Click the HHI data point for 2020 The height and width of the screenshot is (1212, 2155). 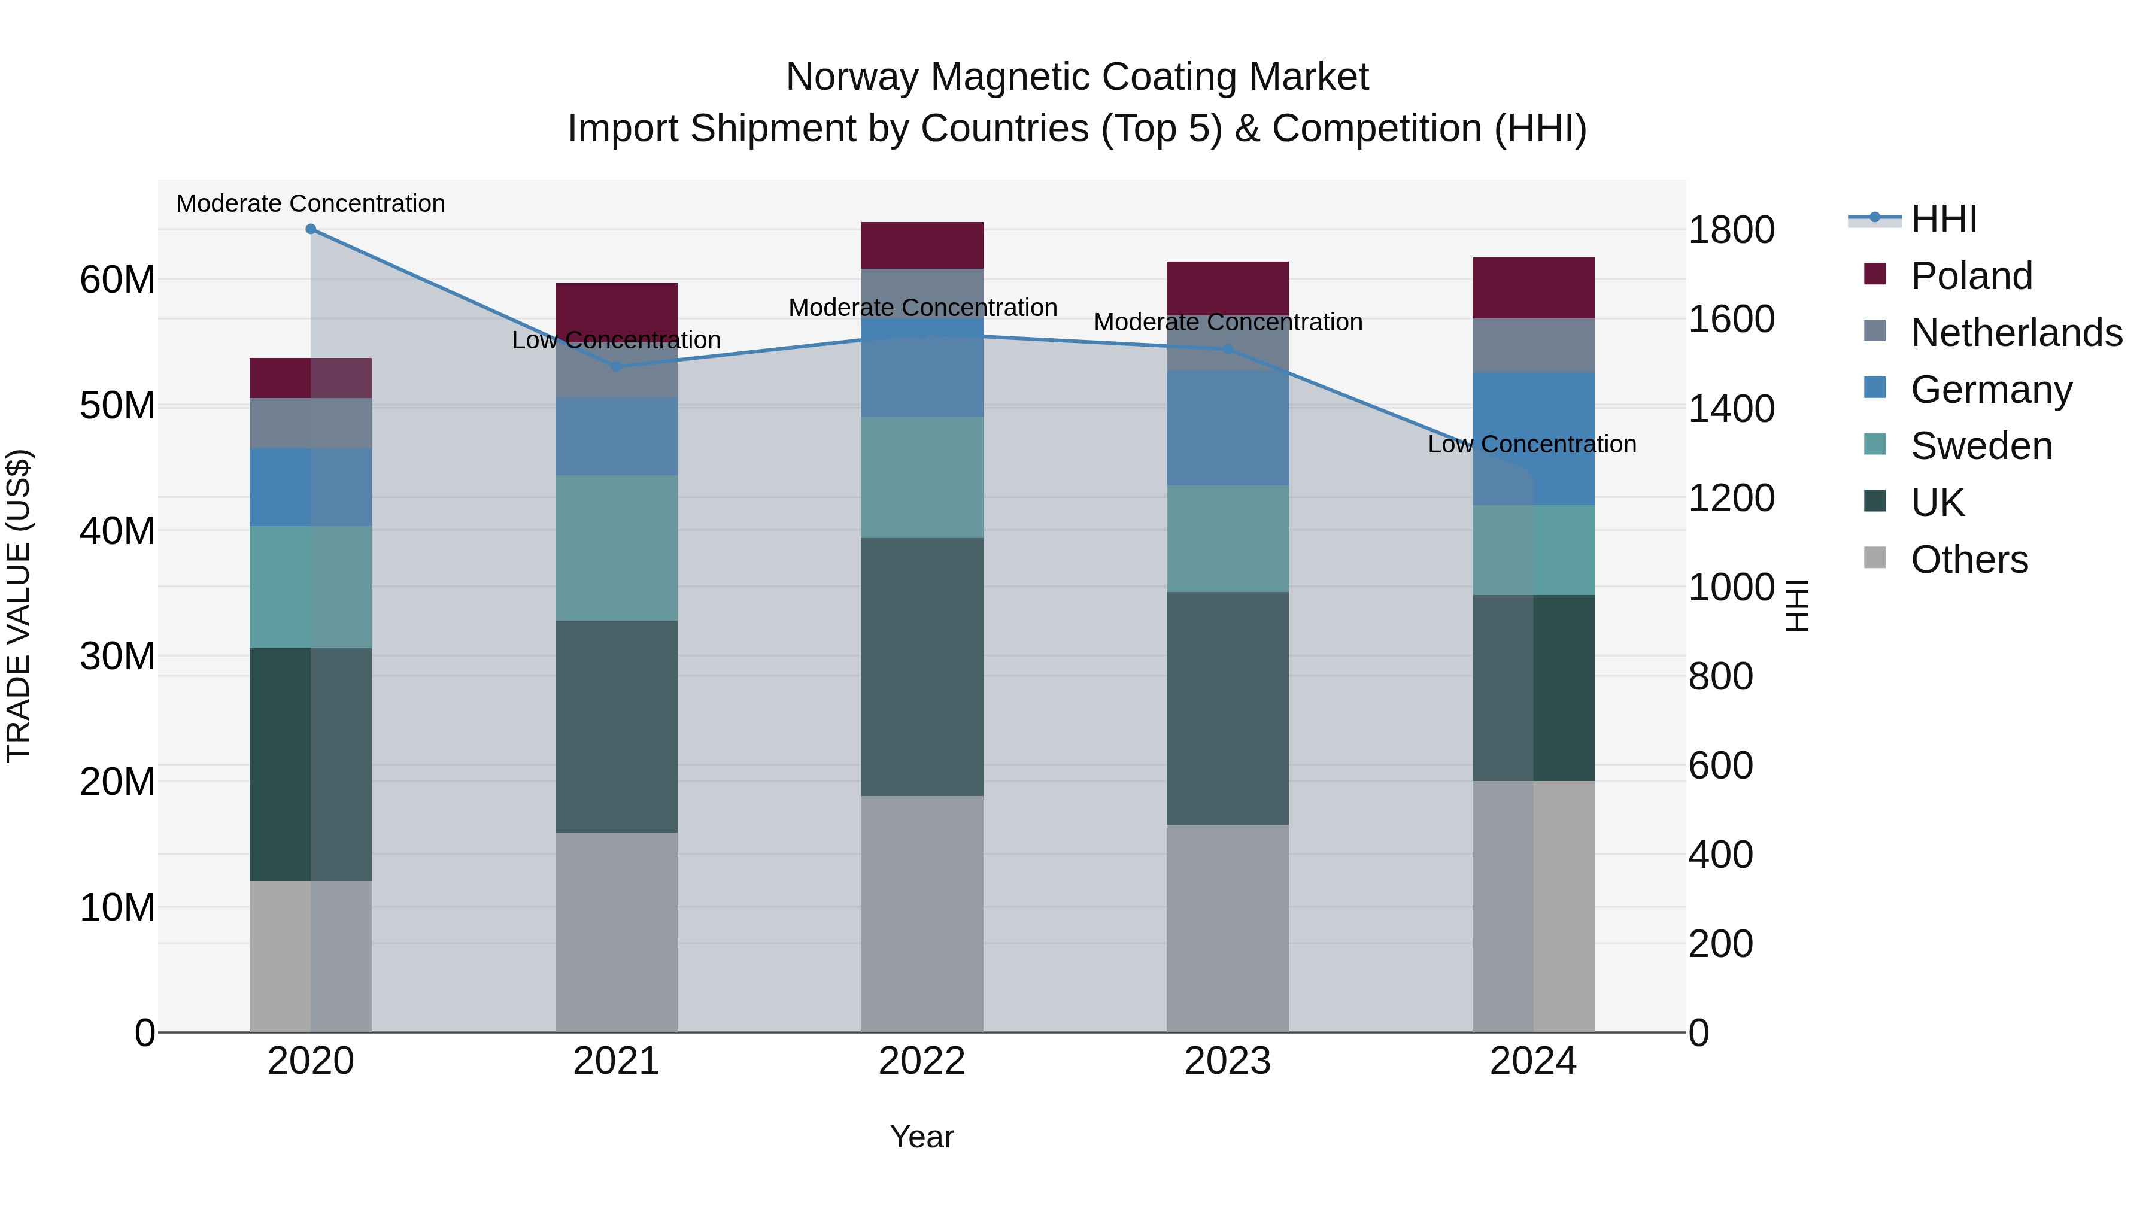pyautogui.click(x=310, y=229)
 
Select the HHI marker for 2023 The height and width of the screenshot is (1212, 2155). pyautogui.click(x=1227, y=349)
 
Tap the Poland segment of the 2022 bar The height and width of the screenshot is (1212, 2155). pyautogui.click(x=922, y=245)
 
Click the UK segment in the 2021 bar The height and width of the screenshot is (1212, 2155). pyautogui.click(x=616, y=726)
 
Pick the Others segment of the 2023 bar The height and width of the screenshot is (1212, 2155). pyautogui.click(x=1227, y=928)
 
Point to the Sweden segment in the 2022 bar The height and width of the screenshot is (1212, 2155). pyautogui.click(x=922, y=477)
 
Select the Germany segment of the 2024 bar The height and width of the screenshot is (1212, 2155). pyautogui.click(x=1532, y=439)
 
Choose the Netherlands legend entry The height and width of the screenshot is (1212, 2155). pyautogui.click(x=2016, y=333)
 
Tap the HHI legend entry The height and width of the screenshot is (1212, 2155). pyautogui.click(x=1942, y=219)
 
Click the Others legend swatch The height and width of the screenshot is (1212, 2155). pyautogui.click(x=1875, y=558)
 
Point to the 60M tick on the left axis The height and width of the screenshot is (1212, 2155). pyautogui.click(x=117, y=280)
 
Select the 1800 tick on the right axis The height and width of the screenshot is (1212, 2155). pyautogui.click(x=1731, y=230)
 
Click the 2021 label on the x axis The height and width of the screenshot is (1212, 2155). pyautogui.click(x=616, y=1061)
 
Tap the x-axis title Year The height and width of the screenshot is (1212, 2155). pyautogui.click(x=921, y=1137)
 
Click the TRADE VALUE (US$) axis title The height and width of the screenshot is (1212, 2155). pyautogui.click(x=19, y=606)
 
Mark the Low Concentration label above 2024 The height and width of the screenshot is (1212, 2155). pyautogui.click(x=1532, y=444)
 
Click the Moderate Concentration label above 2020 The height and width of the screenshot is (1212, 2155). pyautogui.click(x=310, y=203)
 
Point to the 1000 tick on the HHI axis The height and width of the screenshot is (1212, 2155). pyautogui.click(x=1731, y=587)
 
